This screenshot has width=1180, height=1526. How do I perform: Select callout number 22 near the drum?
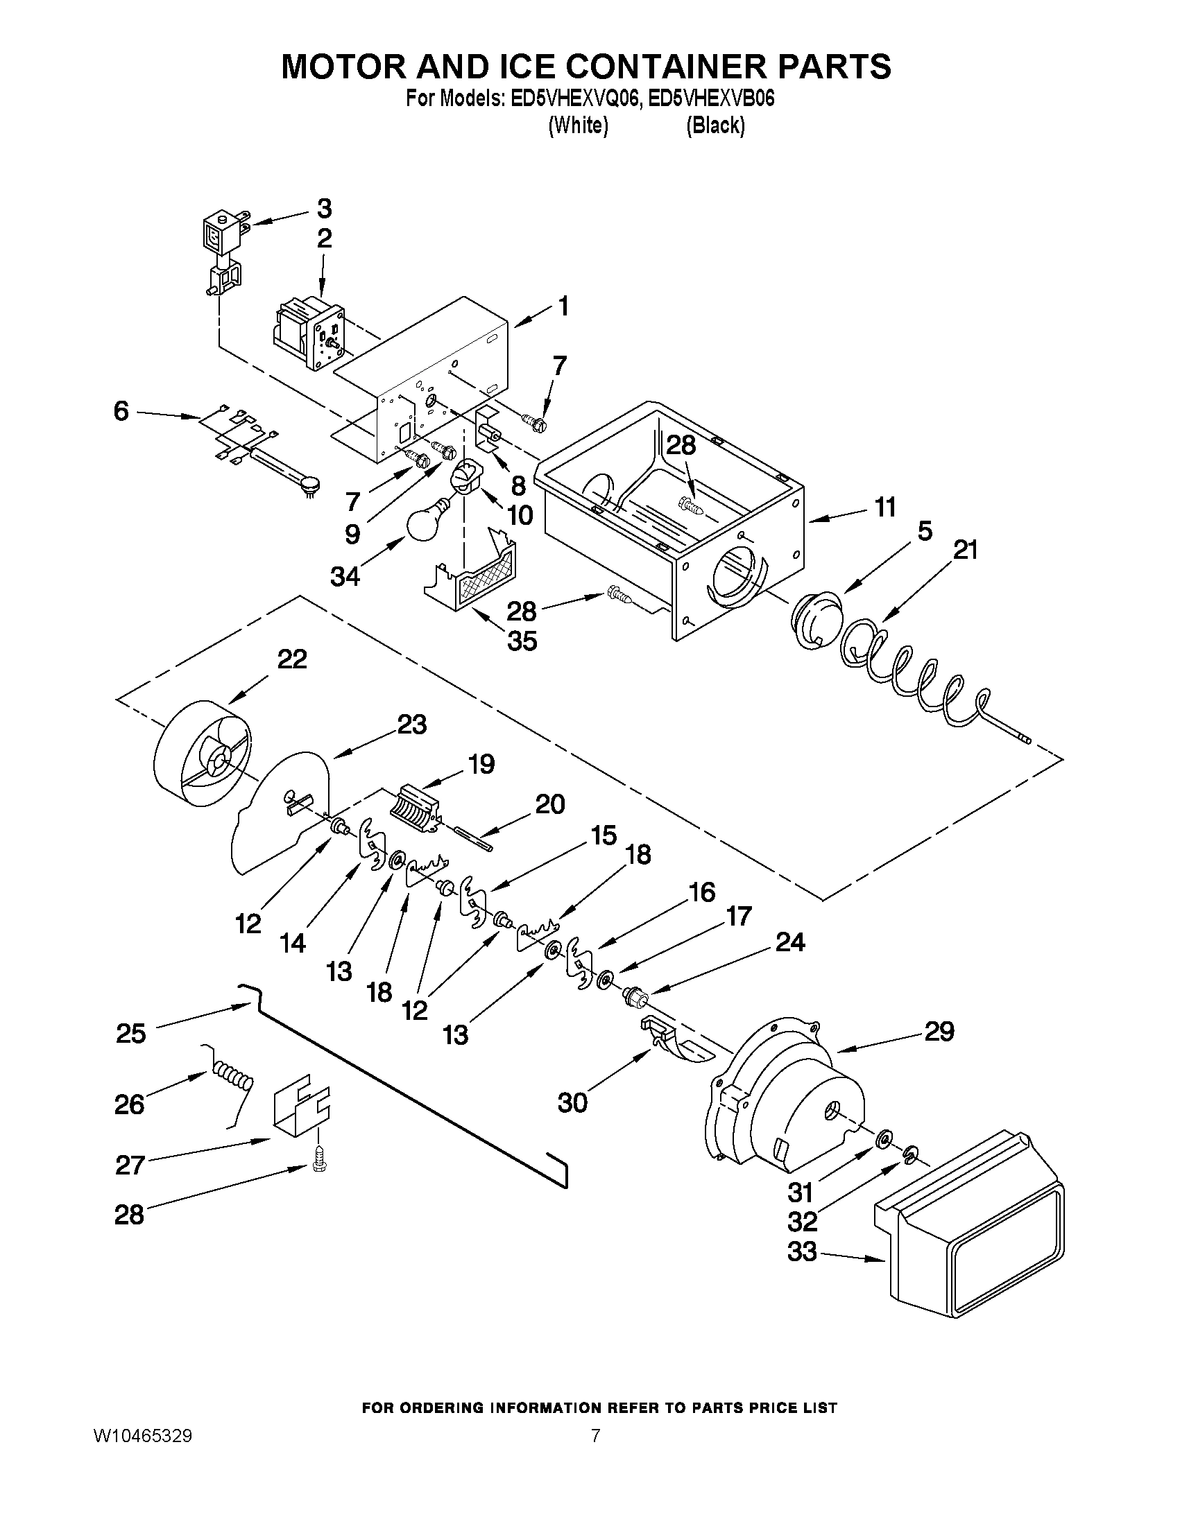[x=291, y=659]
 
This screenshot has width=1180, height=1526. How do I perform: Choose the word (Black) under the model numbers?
[x=715, y=125]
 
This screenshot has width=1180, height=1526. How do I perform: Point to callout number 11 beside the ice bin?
[x=885, y=508]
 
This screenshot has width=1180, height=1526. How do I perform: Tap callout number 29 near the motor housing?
[x=939, y=1031]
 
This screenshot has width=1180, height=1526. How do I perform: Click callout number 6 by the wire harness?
[x=121, y=412]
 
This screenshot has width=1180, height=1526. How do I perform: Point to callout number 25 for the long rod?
[x=130, y=1033]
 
